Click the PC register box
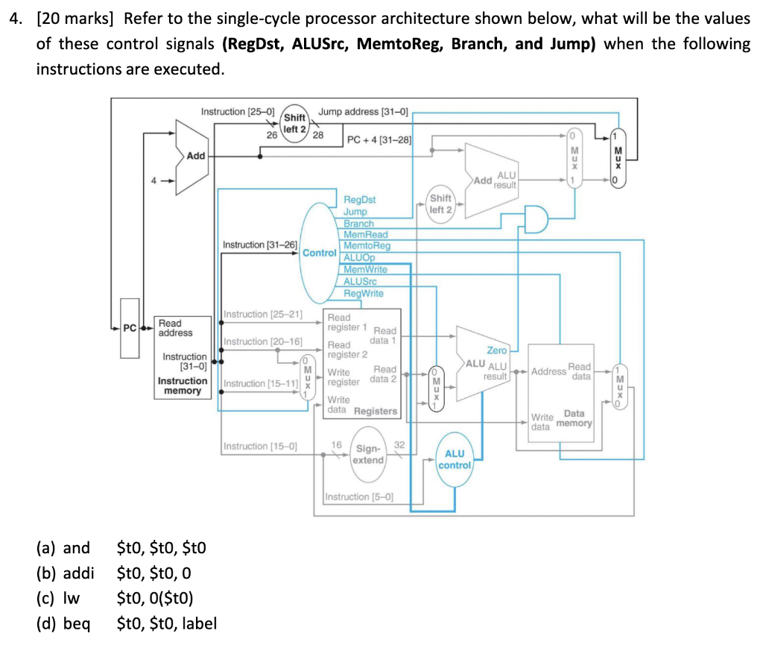(130, 328)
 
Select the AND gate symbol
(536, 218)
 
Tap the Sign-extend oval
(368, 454)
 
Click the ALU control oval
(455, 459)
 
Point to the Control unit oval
(319, 252)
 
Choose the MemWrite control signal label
(365, 269)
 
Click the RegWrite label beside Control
(364, 293)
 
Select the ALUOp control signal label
(359, 257)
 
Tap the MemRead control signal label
(365, 234)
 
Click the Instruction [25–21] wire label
(263, 314)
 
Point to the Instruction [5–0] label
(359, 497)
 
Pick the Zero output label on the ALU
(496, 350)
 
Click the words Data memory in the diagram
(574, 418)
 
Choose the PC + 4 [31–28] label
(379, 139)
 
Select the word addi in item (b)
(77, 573)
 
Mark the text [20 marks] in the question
(75, 19)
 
